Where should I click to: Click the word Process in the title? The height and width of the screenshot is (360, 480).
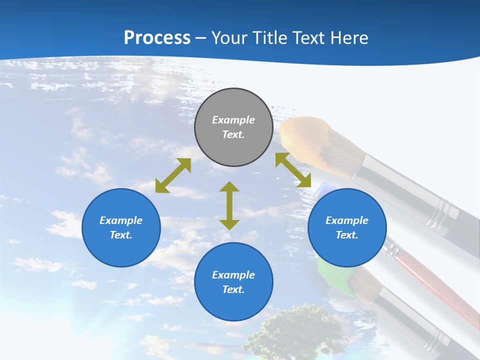[157, 38]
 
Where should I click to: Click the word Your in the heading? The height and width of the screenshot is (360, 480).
[228, 38]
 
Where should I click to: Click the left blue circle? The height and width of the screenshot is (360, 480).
[121, 227]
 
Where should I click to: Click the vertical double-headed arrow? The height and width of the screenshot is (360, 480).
[229, 205]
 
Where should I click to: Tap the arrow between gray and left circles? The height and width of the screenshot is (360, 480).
[173, 175]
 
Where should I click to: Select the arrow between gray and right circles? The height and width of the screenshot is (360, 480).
[293, 170]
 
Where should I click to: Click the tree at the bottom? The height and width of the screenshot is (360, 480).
[295, 332]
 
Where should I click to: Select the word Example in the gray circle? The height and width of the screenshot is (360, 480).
[233, 120]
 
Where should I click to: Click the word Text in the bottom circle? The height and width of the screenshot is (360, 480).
[233, 289]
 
